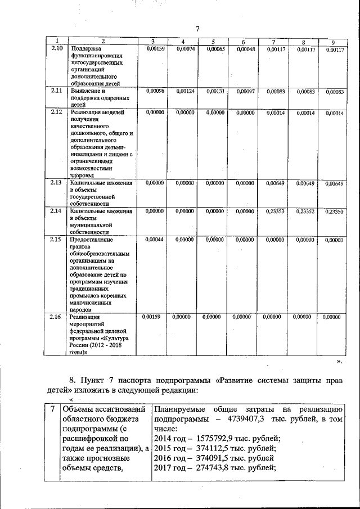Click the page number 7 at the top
click(x=197, y=29)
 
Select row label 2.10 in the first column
click(x=56, y=49)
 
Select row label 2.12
click(x=56, y=112)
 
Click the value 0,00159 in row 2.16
click(x=151, y=317)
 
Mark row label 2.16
click(x=56, y=317)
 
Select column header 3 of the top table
click(x=154, y=41)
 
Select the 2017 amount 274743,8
click(x=216, y=469)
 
